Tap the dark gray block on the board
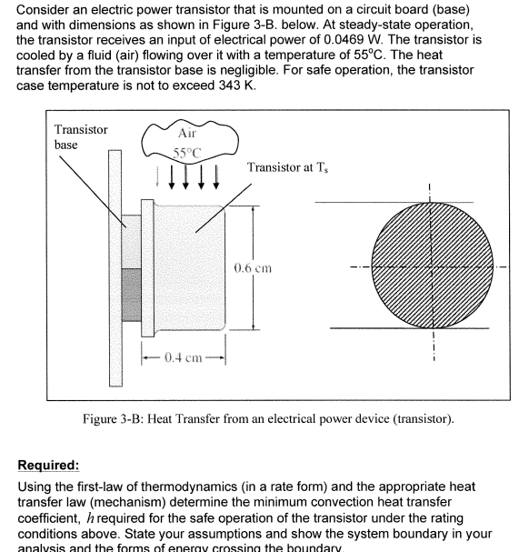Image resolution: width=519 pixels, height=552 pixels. [x=132, y=299]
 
